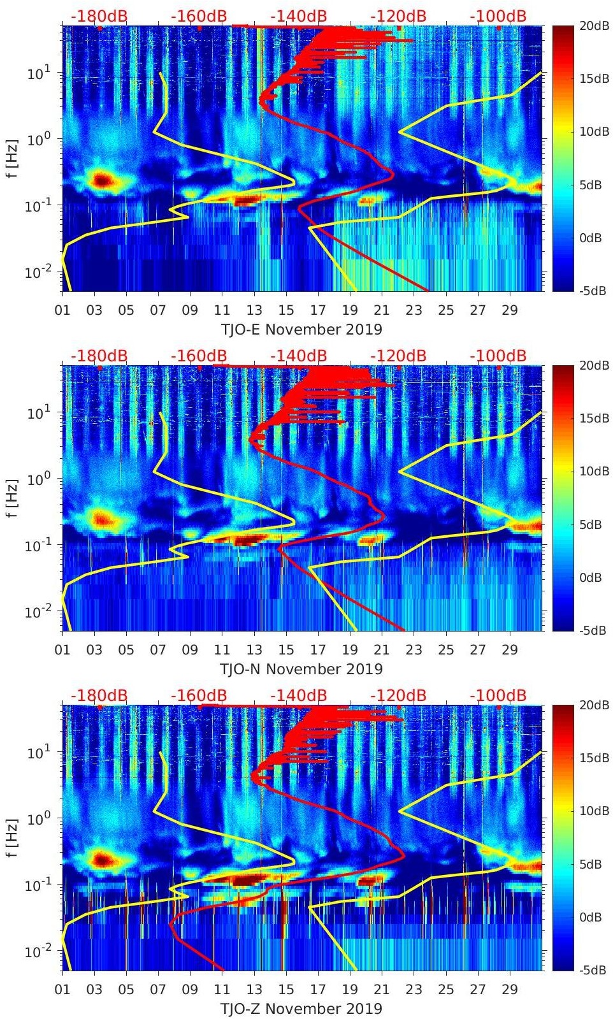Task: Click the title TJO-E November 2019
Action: point(301,329)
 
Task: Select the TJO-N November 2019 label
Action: point(301,669)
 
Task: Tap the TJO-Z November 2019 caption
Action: point(301,1009)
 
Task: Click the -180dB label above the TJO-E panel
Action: point(99,16)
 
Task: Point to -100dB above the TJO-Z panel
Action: point(498,695)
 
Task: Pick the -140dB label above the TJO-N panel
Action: point(298,356)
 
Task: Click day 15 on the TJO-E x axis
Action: point(286,310)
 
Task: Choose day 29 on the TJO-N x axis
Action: point(510,650)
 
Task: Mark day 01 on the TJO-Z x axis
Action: point(62,990)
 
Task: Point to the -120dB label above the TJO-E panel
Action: point(398,16)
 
